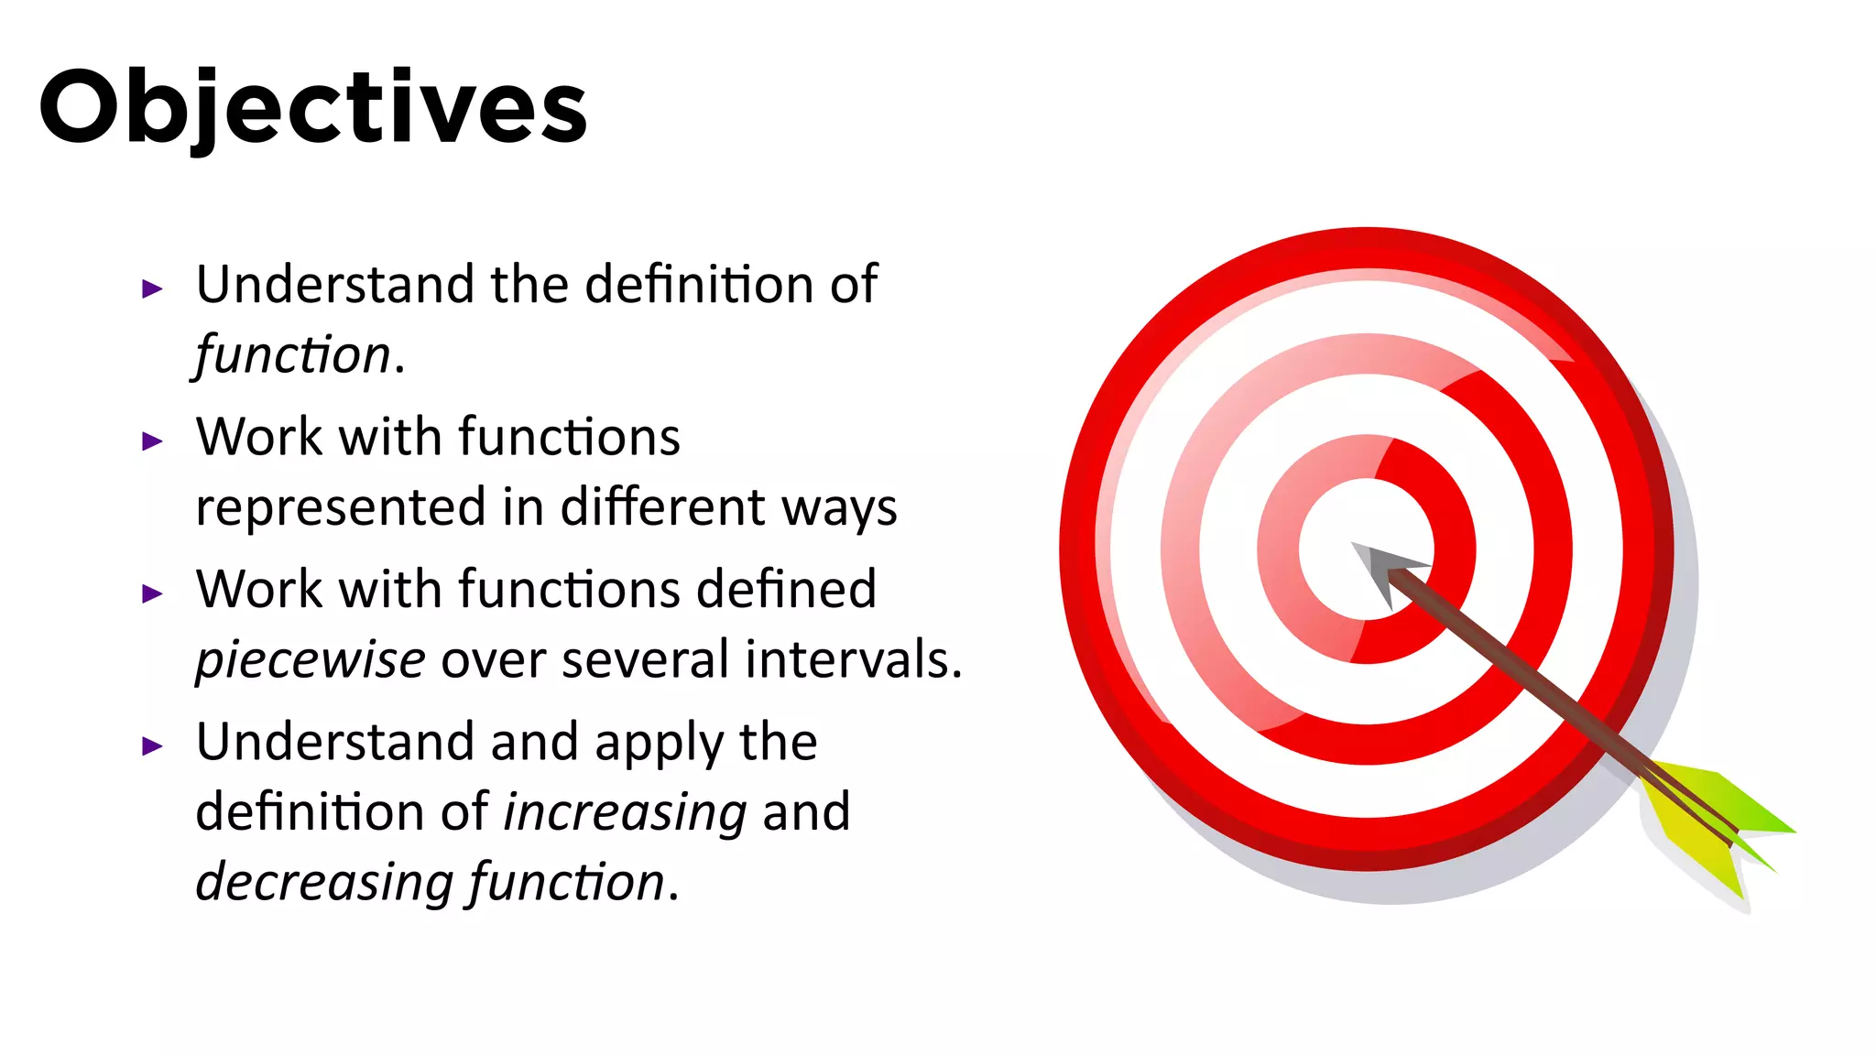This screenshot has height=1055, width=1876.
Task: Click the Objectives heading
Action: tap(312, 108)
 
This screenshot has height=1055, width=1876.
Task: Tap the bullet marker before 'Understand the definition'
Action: tap(152, 289)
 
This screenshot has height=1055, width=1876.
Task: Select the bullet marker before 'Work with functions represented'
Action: tap(152, 441)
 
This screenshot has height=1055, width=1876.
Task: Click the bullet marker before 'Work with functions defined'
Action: tap(152, 593)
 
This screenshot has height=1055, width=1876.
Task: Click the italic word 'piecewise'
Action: tap(311, 660)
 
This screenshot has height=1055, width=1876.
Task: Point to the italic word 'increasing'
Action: tap(626, 812)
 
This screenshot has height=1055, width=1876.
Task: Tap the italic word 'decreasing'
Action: tap(324, 882)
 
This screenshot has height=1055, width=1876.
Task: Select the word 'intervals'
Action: tap(853, 659)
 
